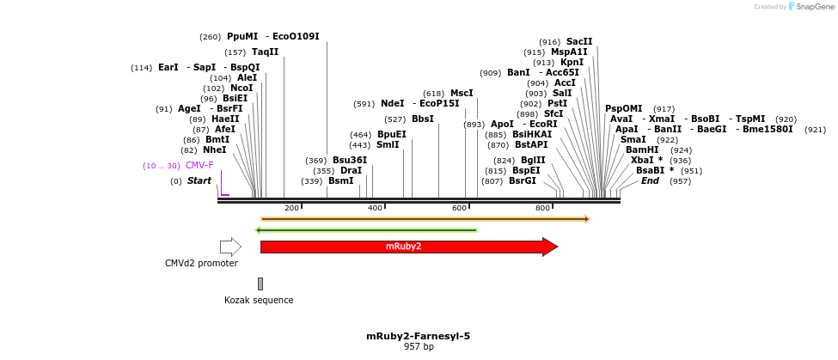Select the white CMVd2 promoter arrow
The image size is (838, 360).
[x=230, y=247]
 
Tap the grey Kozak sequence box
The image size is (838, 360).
[x=260, y=284]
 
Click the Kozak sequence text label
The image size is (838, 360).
[x=259, y=300]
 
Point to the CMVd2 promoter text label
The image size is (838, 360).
[x=201, y=263]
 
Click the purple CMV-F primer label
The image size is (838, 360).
[x=199, y=165]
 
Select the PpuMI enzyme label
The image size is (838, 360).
[x=242, y=37]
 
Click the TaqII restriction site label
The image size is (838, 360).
[x=265, y=52]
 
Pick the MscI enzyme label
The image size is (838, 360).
[x=462, y=93]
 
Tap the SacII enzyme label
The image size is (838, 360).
[x=578, y=41]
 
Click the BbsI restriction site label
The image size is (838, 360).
[x=422, y=119]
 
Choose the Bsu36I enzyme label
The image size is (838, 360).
[x=350, y=160]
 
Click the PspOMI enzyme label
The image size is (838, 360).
[x=623, y=108]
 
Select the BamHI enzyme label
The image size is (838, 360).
[x=641, y=149]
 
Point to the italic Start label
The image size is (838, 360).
[x=199, y=180]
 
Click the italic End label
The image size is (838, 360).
[x=650, y=180]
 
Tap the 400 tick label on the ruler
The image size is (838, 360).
[x=376, y=208]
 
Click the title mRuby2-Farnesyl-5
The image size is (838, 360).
[x=419, y=336]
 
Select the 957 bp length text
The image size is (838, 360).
[x=419, y=346]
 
